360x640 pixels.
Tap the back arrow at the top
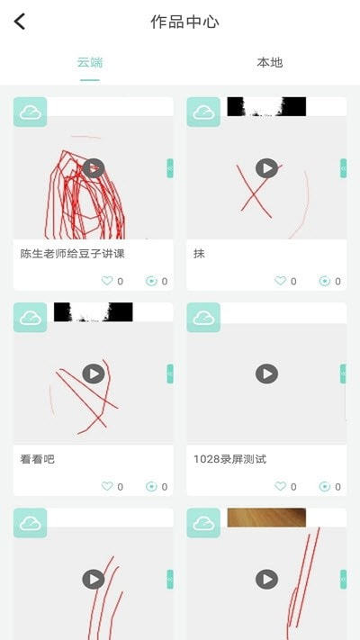point(20,22)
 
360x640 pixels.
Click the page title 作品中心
point(184,22)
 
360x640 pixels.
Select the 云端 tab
point(90,62)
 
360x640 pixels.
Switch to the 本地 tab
point(269,62)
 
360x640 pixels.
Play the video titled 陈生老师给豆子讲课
point(94,168)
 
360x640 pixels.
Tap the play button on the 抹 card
point(266,168)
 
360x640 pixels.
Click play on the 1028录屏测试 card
point(266,374)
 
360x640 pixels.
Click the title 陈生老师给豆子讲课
point(72,254)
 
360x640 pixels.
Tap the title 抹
point(199,254)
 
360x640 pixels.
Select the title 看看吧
point(38,459)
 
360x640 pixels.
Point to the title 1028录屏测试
point(229,459)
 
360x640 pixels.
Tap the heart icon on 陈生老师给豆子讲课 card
point(107,281)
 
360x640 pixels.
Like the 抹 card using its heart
point(280,281)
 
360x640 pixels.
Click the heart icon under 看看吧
point(107,486)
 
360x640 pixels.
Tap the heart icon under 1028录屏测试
point(280,486)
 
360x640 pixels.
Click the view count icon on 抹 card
point(324,281)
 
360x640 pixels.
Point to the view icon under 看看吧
point(151,486)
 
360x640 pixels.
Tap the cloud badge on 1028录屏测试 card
point(203,317)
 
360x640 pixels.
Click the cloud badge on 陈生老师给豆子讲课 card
point(31,112)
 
